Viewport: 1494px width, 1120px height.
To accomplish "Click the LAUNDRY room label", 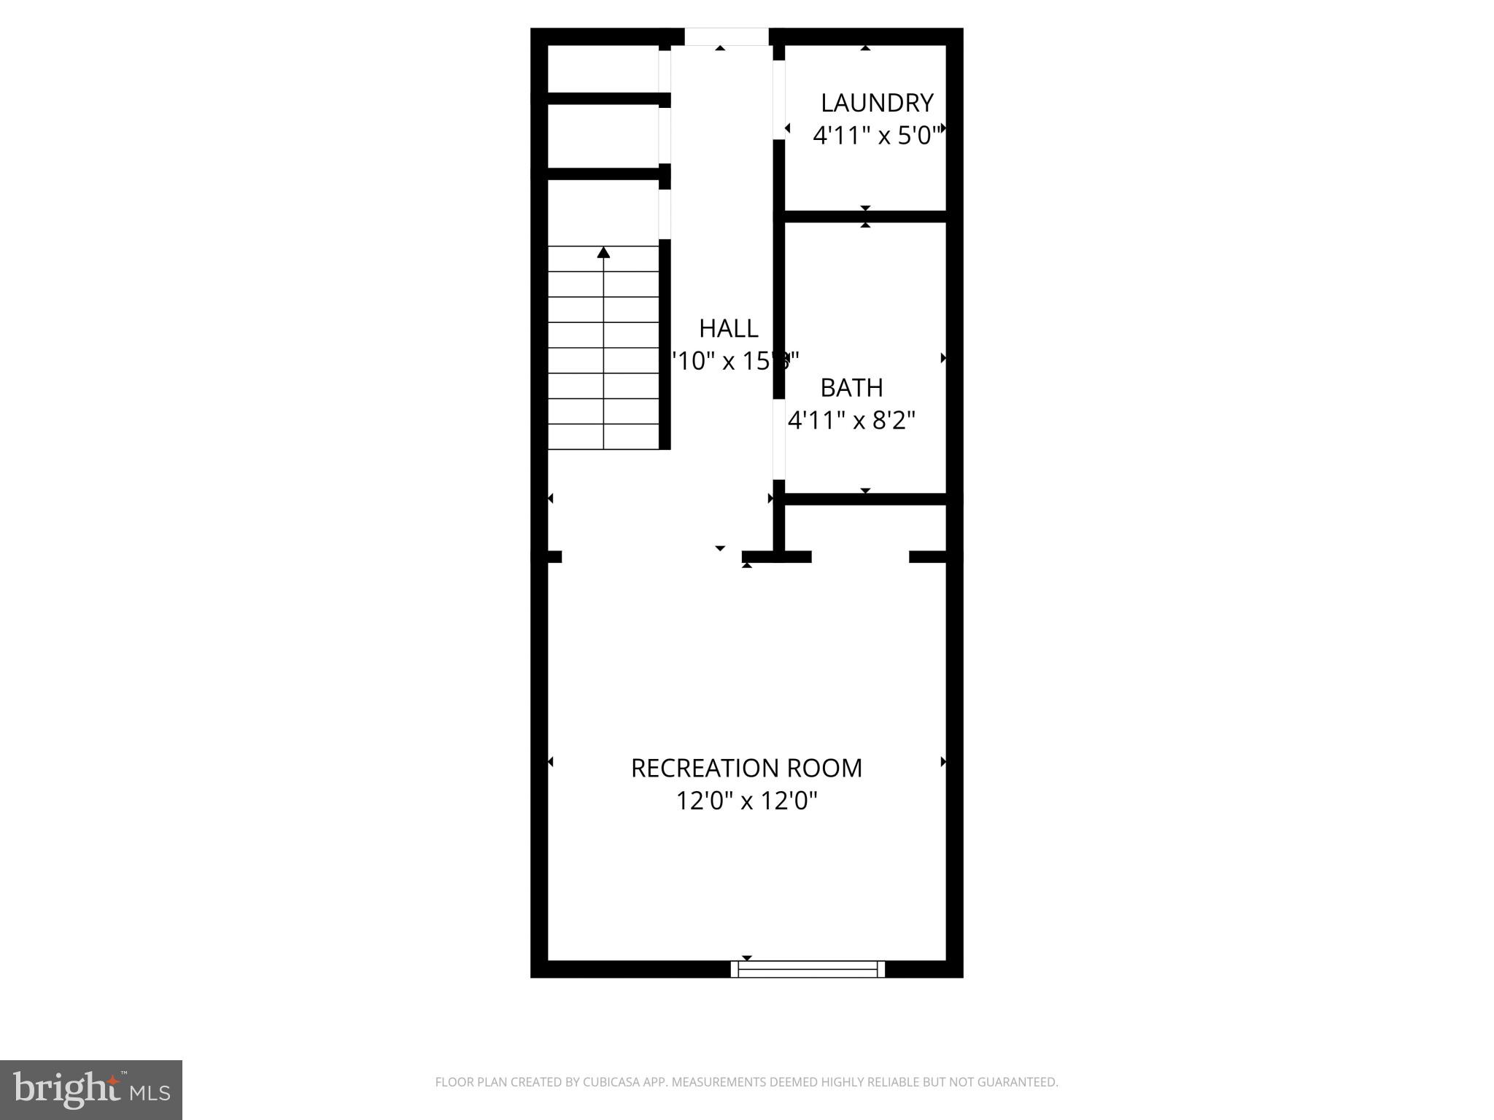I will [x=877, y=103].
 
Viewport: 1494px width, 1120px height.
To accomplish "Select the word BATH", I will [x=851, y=388].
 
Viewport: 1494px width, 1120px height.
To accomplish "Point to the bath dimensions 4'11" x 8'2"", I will [x=851, y=421].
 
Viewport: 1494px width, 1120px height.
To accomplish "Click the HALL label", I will [x=728, y=329].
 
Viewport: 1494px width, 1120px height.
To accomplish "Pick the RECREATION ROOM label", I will [x=746, y=769].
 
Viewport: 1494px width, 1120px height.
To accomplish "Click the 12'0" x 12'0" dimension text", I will [x=746, y=801].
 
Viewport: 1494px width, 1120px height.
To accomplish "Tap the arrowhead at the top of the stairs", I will [x=603, y=252].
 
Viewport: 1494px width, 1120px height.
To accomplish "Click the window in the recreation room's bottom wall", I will [x=808, y=968].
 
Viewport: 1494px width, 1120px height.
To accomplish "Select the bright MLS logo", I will [x=91, y=1089].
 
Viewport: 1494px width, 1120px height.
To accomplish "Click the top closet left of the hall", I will [x=603, y=69].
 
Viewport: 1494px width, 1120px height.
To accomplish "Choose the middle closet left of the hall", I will [x=603, y=136].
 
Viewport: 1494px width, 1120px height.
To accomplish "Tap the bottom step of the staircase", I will [x=603, y=437].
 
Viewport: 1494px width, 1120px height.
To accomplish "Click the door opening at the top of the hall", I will [x=727, y=36].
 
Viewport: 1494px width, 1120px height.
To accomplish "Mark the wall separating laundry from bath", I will [x=865, y=217].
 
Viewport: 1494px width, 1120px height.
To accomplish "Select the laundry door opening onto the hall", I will [x=779, y=99].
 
